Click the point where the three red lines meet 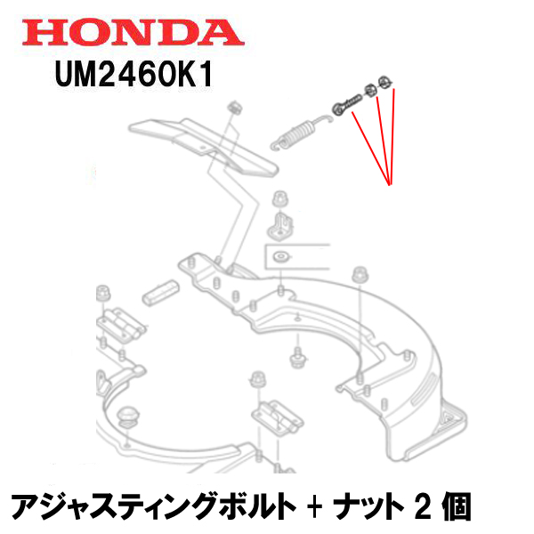[x=390, y=184]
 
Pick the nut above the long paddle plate [x=236, y=107]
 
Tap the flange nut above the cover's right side [x=360, y=273]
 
